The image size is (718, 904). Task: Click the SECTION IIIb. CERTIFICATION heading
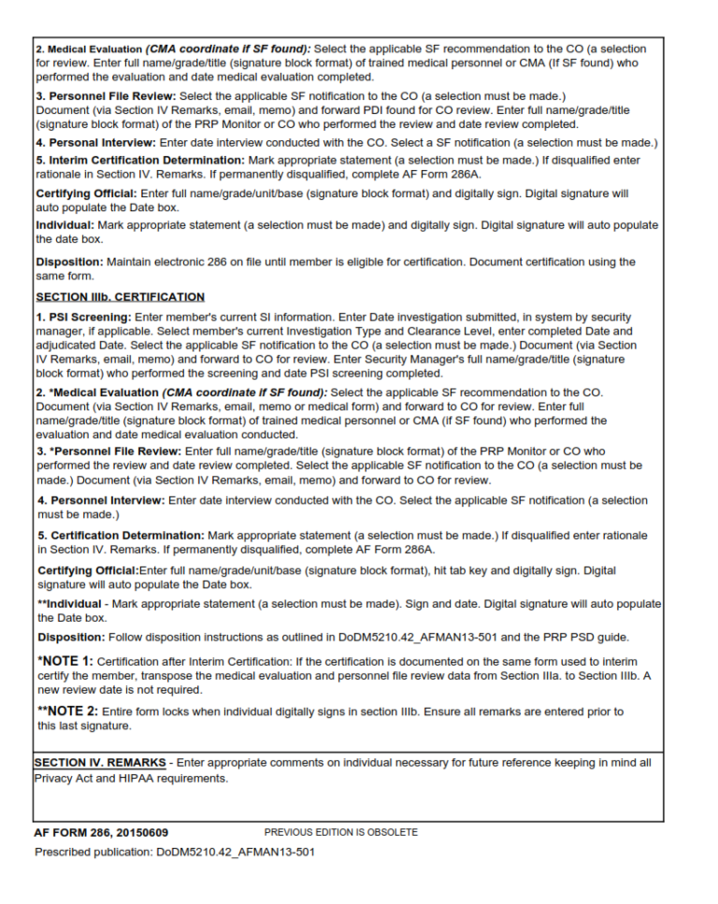[121, 297]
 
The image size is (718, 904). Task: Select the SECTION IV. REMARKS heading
[100, 763]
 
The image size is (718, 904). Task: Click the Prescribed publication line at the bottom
[175, 852]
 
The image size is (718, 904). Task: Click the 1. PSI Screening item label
[84, 318]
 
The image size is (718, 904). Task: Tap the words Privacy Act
[65, 778]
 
